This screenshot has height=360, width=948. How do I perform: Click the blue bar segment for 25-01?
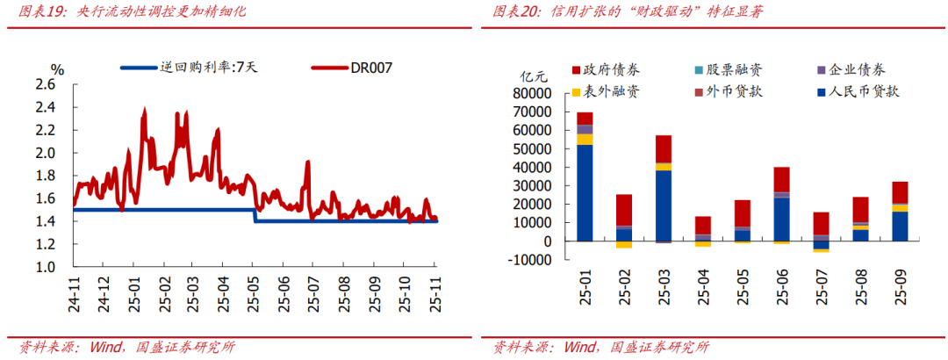(x=585, y=193)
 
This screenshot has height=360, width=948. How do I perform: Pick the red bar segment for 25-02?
(x=624, y=211)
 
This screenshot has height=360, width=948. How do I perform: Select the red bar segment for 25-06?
(x=782, y=179)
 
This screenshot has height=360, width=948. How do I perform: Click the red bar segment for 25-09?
(x=900, y=192)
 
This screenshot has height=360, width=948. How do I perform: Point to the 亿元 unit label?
(x=535, y=76)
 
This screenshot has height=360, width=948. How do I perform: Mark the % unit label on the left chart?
(x=58, y=69)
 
